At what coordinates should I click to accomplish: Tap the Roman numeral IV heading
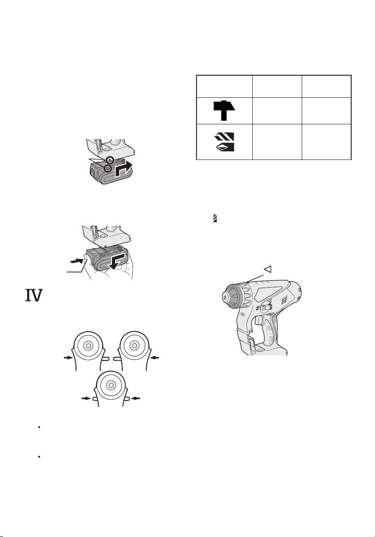(x=33, y=296)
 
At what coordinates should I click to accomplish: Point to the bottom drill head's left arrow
(x=87, y=399)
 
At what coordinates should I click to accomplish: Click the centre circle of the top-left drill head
(x=88, y=346)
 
